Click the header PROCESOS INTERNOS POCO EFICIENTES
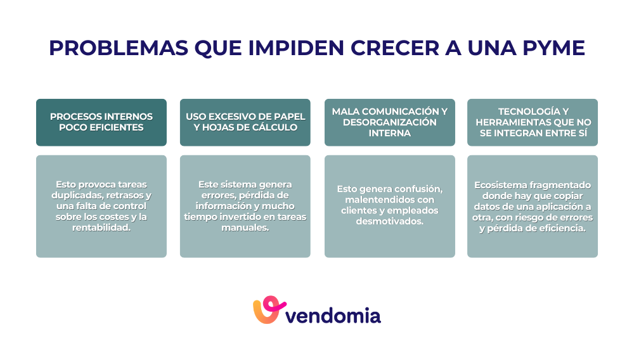click(101, 122)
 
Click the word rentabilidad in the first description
click(101, 228)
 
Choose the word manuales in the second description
click(245, 228)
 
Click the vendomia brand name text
click(334, 316)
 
